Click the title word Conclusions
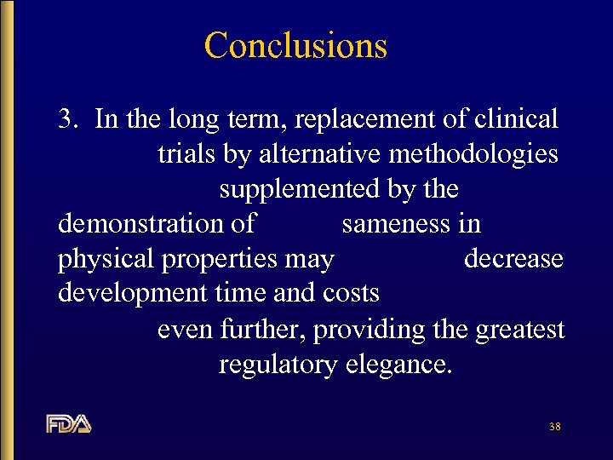(x=295, y=45)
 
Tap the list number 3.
(x=68, y=118)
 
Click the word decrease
(x=513, y=258)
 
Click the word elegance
(x=398, y=365)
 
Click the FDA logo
(x=69, y=423)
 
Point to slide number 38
(x=555, y=426)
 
